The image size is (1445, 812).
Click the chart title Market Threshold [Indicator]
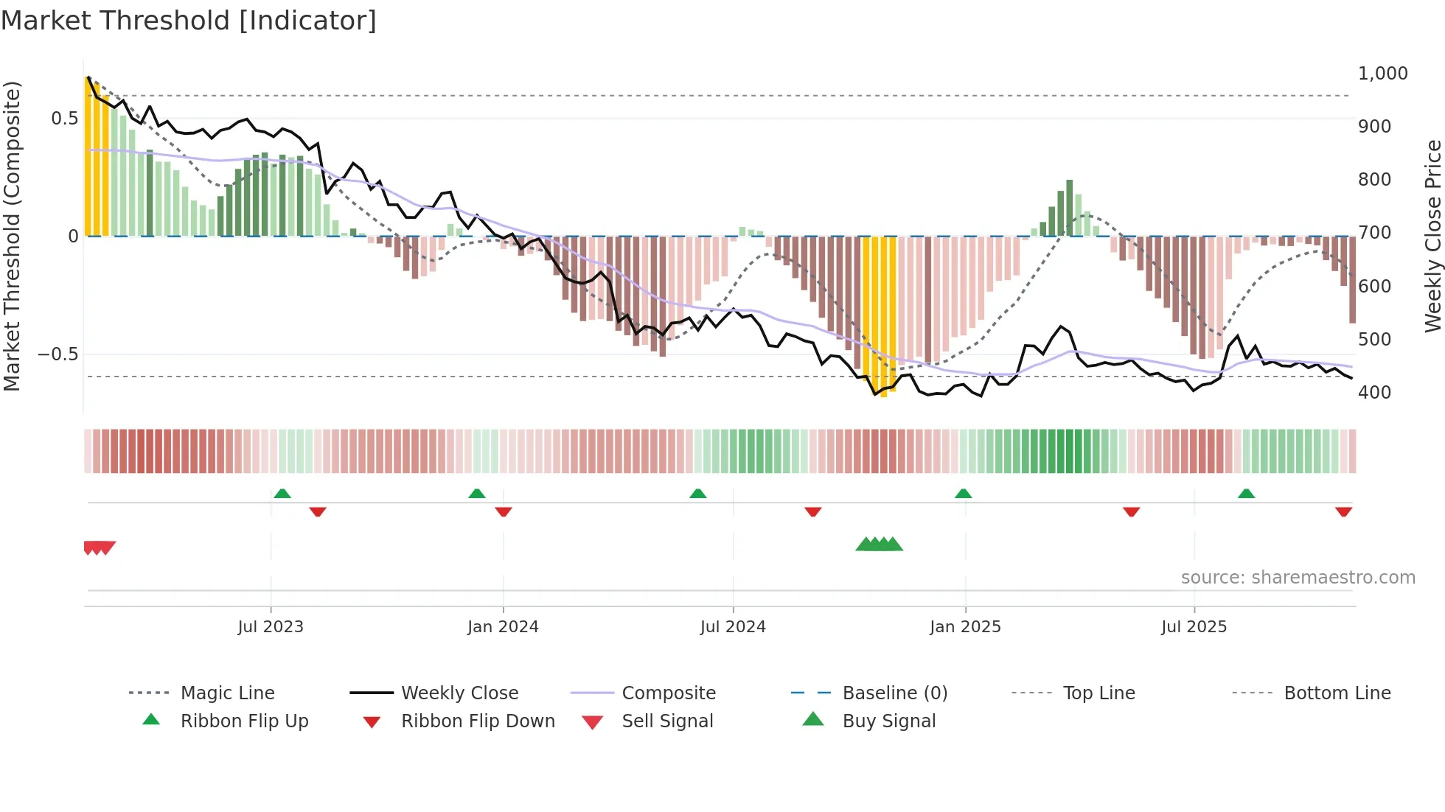tap(189, 21)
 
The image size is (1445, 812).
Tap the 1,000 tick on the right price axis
tap(1382, 74)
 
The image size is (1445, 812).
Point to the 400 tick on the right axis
tap(1374, 393)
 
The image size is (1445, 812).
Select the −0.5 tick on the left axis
tap(58, 354)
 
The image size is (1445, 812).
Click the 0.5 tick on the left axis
tap(64, 119)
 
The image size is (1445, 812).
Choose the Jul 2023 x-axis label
tap(271, 627)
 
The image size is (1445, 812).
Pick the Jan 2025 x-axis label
tap(965, 627)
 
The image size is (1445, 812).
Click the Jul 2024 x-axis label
tap(733, 627)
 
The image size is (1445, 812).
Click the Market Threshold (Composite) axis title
tap(12, 236)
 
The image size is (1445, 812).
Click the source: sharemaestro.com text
tap(1298, 578)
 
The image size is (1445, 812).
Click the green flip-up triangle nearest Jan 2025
tap(963, 494)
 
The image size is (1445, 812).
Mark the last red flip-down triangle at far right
tap(1343, 511)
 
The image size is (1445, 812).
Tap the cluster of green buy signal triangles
tap(879, 545)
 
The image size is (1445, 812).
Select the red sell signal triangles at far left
tap(99, 547)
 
